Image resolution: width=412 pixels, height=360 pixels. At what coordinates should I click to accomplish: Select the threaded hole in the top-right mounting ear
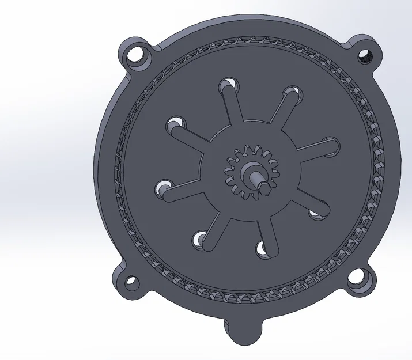365,56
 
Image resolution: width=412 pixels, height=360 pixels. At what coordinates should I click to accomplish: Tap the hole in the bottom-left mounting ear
133,283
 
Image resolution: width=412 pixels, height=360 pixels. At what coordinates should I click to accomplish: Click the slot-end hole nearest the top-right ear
293,92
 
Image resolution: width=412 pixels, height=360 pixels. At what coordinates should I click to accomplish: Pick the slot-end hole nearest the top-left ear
175,123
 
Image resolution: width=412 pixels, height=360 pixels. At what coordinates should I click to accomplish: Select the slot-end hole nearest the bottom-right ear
316,214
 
